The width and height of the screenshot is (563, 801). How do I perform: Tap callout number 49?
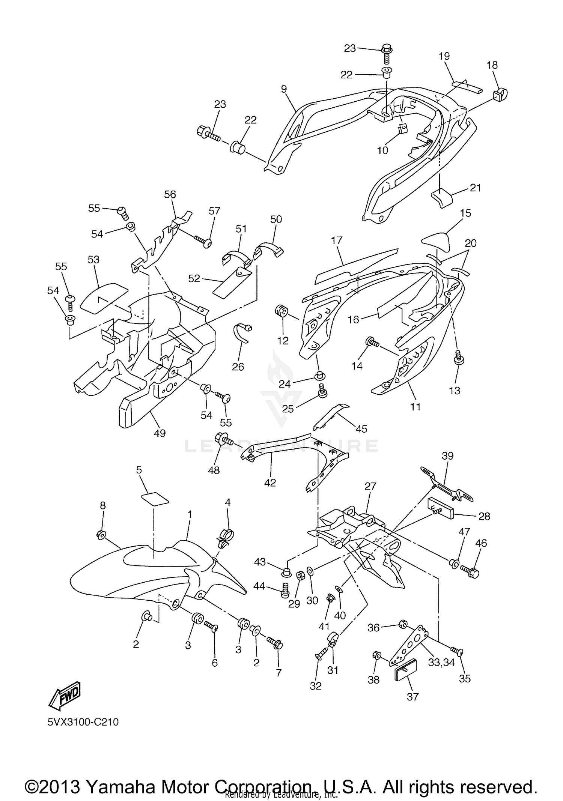[160, 433]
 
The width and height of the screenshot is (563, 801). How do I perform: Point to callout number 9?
[284, 89]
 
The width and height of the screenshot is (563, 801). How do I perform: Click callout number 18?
[492, 65]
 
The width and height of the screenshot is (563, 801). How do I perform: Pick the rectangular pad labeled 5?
[155, 499]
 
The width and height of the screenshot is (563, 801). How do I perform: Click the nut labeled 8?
[101, 535]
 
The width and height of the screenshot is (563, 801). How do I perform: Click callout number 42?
[270, 482]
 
